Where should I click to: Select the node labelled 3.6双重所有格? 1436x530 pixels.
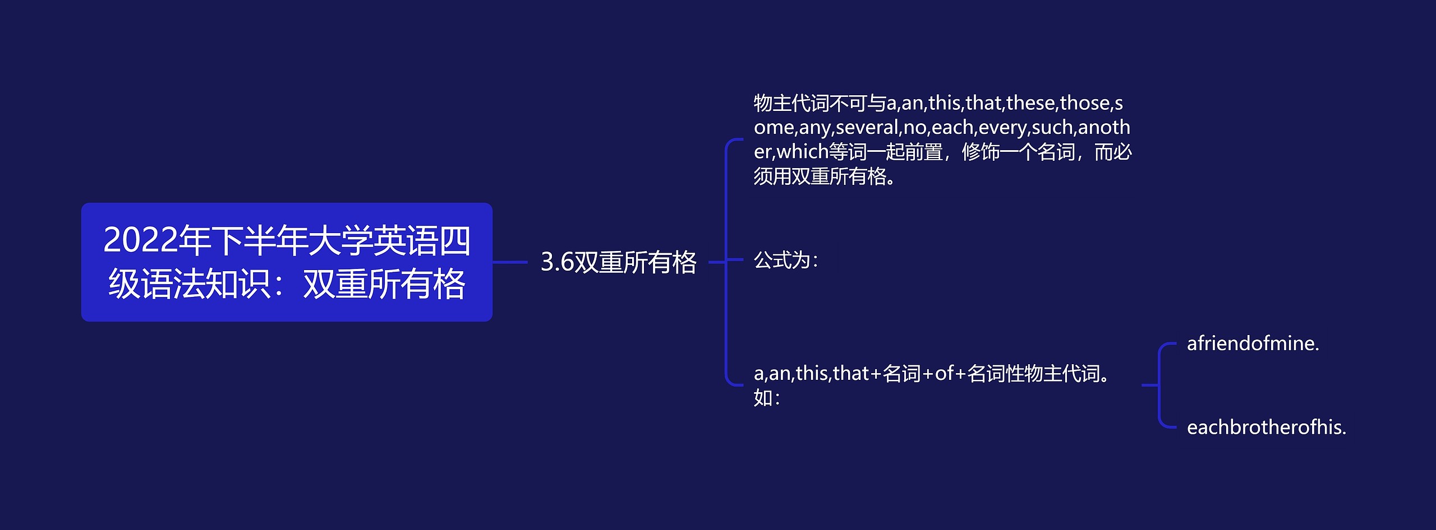pyautogui.click(x=618, y=262)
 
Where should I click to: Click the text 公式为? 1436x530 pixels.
pyautogui.click(x=785, y=261)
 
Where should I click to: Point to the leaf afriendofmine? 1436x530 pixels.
pyautogui.click(x=1253, y=343)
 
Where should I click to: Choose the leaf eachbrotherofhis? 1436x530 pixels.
pyautogui.click(x=1266, y=427)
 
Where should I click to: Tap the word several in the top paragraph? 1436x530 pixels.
pyautogui.click(x=867, y=128)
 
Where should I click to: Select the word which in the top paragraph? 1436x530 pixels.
pyautogui.click(x=802, y=152)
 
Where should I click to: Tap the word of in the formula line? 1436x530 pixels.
pyautogui.click(x=944, y=374)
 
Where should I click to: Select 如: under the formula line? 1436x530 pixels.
pyautogui.click(x=766, y=398)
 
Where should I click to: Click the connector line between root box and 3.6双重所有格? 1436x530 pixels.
pyautogui.click(x=510, y=262)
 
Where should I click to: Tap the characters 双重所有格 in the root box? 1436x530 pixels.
pyautogui.click(x=384, y=284)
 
